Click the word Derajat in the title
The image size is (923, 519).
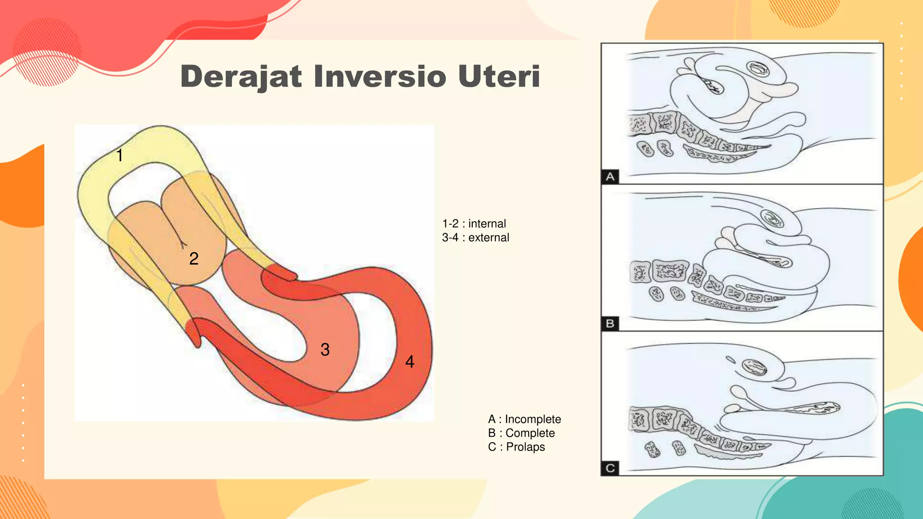[x=241, y=76]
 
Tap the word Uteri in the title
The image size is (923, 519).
[x=499, y=76]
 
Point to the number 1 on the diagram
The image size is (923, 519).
[x=119, y=155]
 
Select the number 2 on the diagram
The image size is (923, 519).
[x=194, y=259]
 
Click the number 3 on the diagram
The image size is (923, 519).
[x=325, y=350]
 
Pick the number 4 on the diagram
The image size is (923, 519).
[x=410, y=361]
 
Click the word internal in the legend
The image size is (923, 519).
[x=487, y=224]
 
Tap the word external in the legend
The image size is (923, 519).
[x=489, y=238]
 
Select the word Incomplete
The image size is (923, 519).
[x=533, y=419]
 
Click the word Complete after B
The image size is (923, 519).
[x=530, y=433]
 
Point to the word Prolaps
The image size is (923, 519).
[x=525, y=447]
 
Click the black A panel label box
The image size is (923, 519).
[x=610, y=177]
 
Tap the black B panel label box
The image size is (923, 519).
[x=610, y=323]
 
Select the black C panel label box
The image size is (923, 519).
[x=610, y=468]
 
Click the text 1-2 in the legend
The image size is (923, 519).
[x=450, y=224]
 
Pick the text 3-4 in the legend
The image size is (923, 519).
[x=450, y=238]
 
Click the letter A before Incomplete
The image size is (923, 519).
[x=492, y=419]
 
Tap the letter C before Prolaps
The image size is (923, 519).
[x=492, y=447]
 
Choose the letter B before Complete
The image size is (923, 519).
[x=492, y=433]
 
